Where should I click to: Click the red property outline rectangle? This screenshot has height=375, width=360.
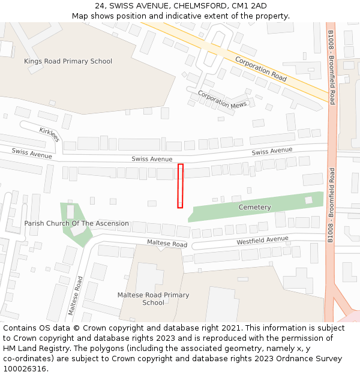pos(180,186)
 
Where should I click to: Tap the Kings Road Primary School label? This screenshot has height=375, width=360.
pos(68,61)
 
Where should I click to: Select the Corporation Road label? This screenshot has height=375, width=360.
pos(260,68)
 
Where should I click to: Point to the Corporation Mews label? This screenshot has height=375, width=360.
pos(222,100)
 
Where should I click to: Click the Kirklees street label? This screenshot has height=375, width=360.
pos(50,134)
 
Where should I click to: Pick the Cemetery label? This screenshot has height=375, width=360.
pos(254,207)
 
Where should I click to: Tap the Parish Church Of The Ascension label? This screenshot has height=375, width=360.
pos(76,223)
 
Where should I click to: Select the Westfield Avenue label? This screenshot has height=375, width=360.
pos(262,240)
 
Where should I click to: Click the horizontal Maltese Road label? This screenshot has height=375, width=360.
pos(167,244)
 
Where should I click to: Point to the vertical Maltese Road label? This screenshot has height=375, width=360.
pos(76,296)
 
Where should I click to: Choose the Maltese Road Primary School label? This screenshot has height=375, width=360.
pos(153,299)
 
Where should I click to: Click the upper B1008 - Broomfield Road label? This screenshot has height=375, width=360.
pos(331,67)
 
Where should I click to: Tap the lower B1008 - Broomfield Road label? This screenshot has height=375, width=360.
pos(331,205)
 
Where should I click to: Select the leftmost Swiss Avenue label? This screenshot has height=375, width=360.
pos(32,154)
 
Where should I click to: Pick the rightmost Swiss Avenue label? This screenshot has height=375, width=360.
pos(272,151)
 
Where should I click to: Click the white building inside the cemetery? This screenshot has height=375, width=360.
pos(308,200)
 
